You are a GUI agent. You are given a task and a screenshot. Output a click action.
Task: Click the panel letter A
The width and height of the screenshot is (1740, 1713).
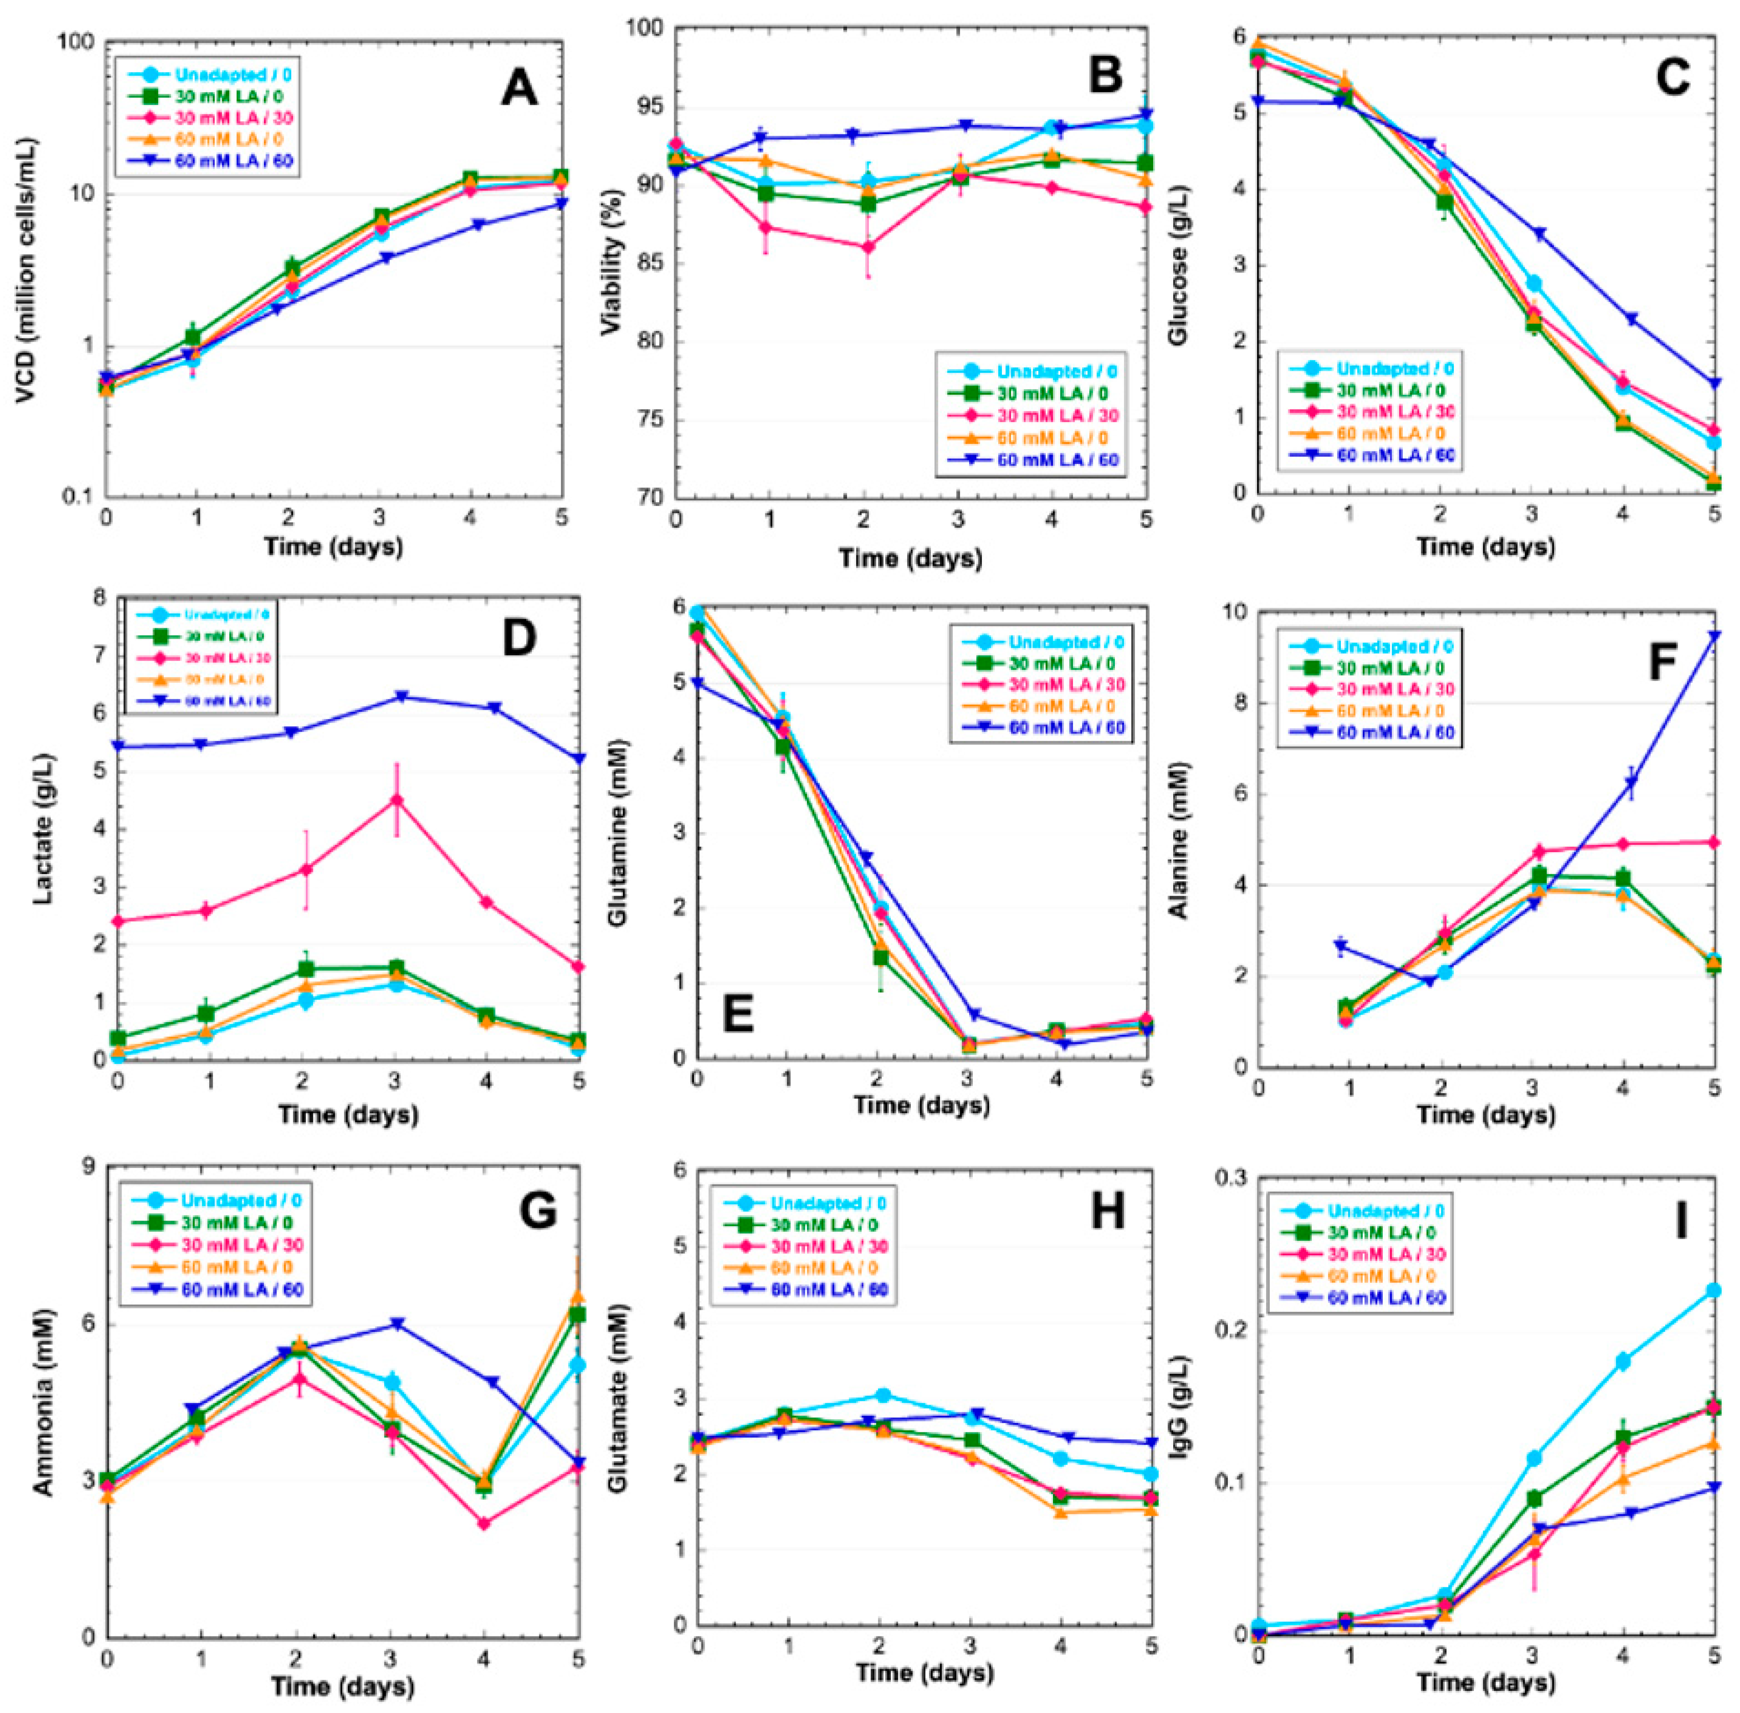[x=519, y=90]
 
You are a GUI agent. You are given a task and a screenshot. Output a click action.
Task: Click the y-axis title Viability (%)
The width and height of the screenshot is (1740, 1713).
[x=612, y=261]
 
